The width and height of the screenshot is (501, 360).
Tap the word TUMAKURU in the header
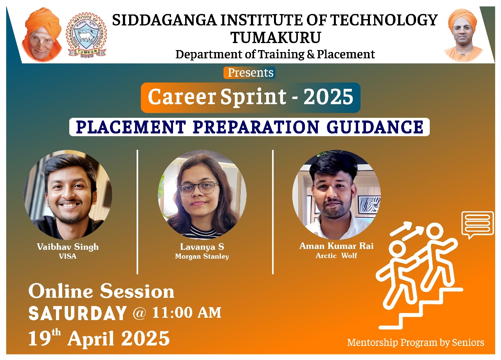tap(276, 38)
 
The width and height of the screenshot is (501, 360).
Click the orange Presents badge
tap(249, 73)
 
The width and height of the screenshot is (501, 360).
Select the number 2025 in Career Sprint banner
tap(328, 97)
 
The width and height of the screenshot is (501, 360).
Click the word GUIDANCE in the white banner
tap(375, 127)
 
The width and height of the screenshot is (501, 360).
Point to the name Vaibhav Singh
tap(68, 247)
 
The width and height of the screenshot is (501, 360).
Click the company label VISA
tap(68, 256)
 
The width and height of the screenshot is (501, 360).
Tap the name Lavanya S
tap(202, 247)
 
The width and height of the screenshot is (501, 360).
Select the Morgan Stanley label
tap(202, 256)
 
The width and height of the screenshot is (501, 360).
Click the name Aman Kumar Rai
tap(336, 246)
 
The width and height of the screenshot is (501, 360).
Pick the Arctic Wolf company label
tap(336, 256)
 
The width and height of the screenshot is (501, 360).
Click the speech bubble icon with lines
tap(478, 225)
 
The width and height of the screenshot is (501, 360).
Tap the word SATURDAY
tap(77, 313)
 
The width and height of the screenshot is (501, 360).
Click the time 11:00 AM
tap(187, 313)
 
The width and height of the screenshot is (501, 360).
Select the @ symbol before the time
tap(139, 313)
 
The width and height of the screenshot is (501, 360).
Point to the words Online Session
tap(101, 291)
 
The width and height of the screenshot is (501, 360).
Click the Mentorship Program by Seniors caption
tap(416, 343)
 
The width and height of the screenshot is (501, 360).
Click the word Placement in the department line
tap(346, 54)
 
